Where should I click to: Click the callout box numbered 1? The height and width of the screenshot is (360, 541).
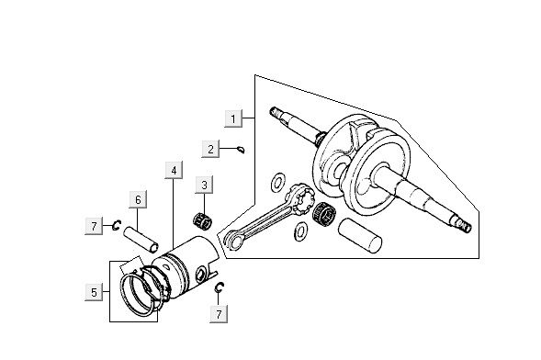coord(235,118)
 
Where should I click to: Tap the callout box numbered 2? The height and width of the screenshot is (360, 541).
coord(210,148)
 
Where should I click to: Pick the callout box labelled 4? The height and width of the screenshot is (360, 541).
coord(172,170)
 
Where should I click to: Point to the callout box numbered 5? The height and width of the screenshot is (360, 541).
coord(94,292)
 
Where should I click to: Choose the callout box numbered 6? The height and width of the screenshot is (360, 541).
coord(137,199)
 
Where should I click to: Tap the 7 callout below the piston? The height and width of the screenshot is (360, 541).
coord(218,315)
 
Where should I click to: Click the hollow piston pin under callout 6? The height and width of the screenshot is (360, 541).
coord(146,237)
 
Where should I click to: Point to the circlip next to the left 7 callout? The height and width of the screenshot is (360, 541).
coord(117,224)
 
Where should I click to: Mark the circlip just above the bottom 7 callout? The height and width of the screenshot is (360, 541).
coord(220,290)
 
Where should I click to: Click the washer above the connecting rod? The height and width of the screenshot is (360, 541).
coord(277,179)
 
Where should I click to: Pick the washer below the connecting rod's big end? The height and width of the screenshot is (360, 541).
coord(299,235)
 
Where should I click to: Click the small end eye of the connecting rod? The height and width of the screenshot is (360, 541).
coord(231,238)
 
